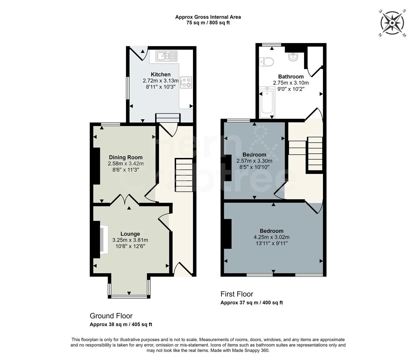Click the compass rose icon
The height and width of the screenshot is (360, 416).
393,23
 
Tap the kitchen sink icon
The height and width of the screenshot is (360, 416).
166,56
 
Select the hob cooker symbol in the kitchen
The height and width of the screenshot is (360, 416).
186,82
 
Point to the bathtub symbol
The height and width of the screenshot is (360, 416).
267,102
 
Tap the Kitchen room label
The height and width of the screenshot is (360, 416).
161,74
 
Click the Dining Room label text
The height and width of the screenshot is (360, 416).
126,157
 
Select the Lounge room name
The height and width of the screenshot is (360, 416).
130,234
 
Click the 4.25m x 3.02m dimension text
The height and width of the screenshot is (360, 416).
271,237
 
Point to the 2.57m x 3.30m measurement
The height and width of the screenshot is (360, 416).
254,161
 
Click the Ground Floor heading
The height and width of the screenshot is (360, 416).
111,316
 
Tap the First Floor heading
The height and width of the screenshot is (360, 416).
237,294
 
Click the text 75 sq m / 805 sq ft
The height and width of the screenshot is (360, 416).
208,23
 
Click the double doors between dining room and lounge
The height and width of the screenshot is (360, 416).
125,200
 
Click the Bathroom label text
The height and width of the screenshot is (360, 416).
291,77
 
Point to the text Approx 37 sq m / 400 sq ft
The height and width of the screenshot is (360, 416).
251,303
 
